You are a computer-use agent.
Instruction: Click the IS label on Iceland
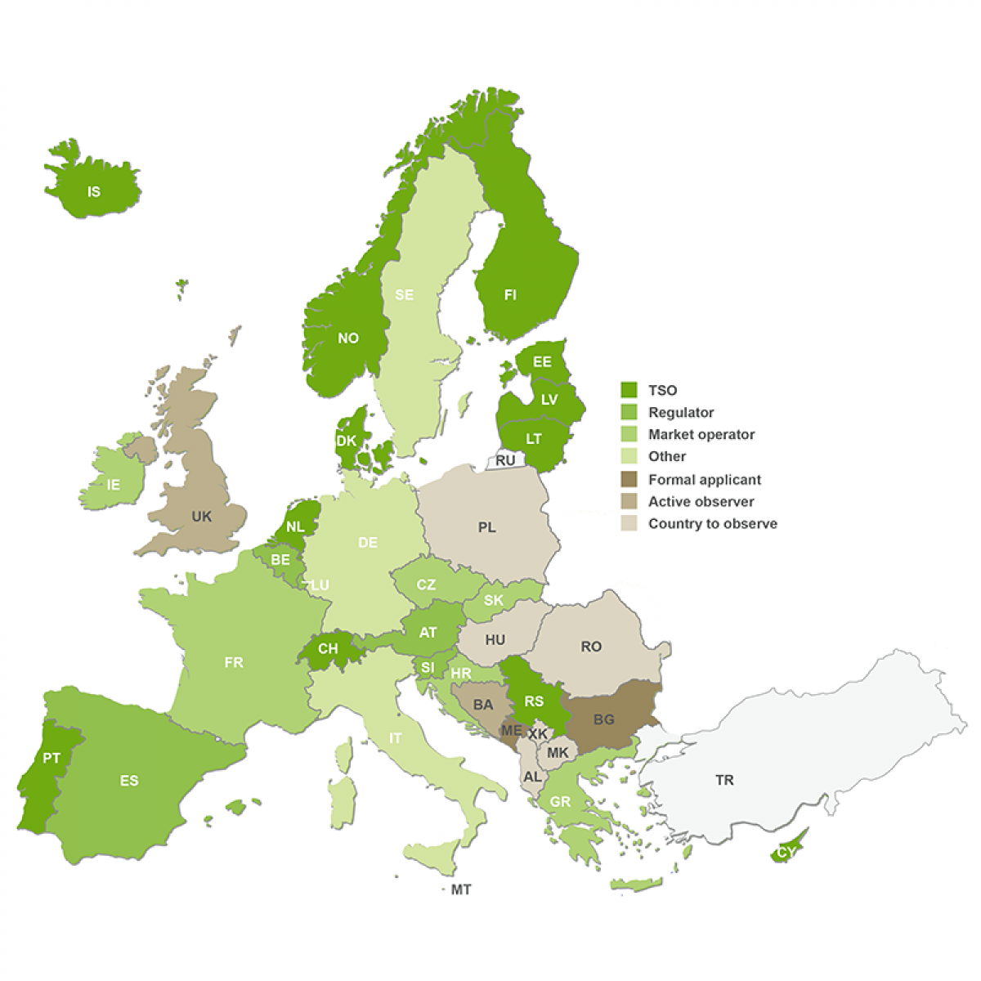(94, 192)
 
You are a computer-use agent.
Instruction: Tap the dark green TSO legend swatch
(629, 390)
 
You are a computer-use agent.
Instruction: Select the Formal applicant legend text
(704, 480)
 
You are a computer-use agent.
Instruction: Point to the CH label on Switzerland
(328, 649)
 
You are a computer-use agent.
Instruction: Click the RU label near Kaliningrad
(505, 460)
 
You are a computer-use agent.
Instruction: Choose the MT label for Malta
(461, 889)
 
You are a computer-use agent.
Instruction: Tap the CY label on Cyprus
(786, 853)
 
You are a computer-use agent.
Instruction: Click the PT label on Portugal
(52, 758)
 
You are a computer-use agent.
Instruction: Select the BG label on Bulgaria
(603, 719)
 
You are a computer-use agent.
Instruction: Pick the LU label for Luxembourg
(320, 585)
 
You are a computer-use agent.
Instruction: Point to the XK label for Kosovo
(537, 734)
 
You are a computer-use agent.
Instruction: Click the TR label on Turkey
(724, 780)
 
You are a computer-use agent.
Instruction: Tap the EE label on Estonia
(542, 362)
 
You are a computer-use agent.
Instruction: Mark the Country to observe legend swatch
(629, 523)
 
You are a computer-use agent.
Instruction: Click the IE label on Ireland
(113, 485)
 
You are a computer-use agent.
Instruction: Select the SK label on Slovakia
(494, 600)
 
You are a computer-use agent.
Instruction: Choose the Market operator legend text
(701, 435)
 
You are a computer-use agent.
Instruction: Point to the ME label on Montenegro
(512, 730)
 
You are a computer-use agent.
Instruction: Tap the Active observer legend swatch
(629, 501)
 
